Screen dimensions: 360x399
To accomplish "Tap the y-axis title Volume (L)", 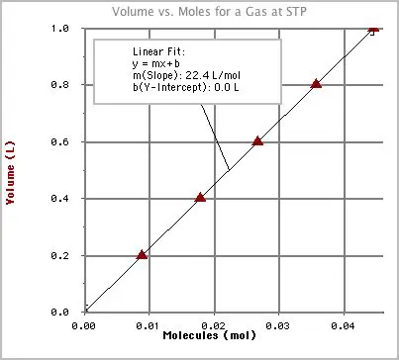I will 11,170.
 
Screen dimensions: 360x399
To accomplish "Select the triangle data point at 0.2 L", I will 142,254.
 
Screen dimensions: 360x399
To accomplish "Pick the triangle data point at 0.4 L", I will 200,197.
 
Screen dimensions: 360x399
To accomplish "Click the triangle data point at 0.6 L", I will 257,140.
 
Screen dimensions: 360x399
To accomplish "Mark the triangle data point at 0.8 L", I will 316,83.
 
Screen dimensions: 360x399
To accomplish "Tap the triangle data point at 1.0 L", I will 373,28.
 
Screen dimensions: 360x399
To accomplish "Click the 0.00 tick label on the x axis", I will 85,323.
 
